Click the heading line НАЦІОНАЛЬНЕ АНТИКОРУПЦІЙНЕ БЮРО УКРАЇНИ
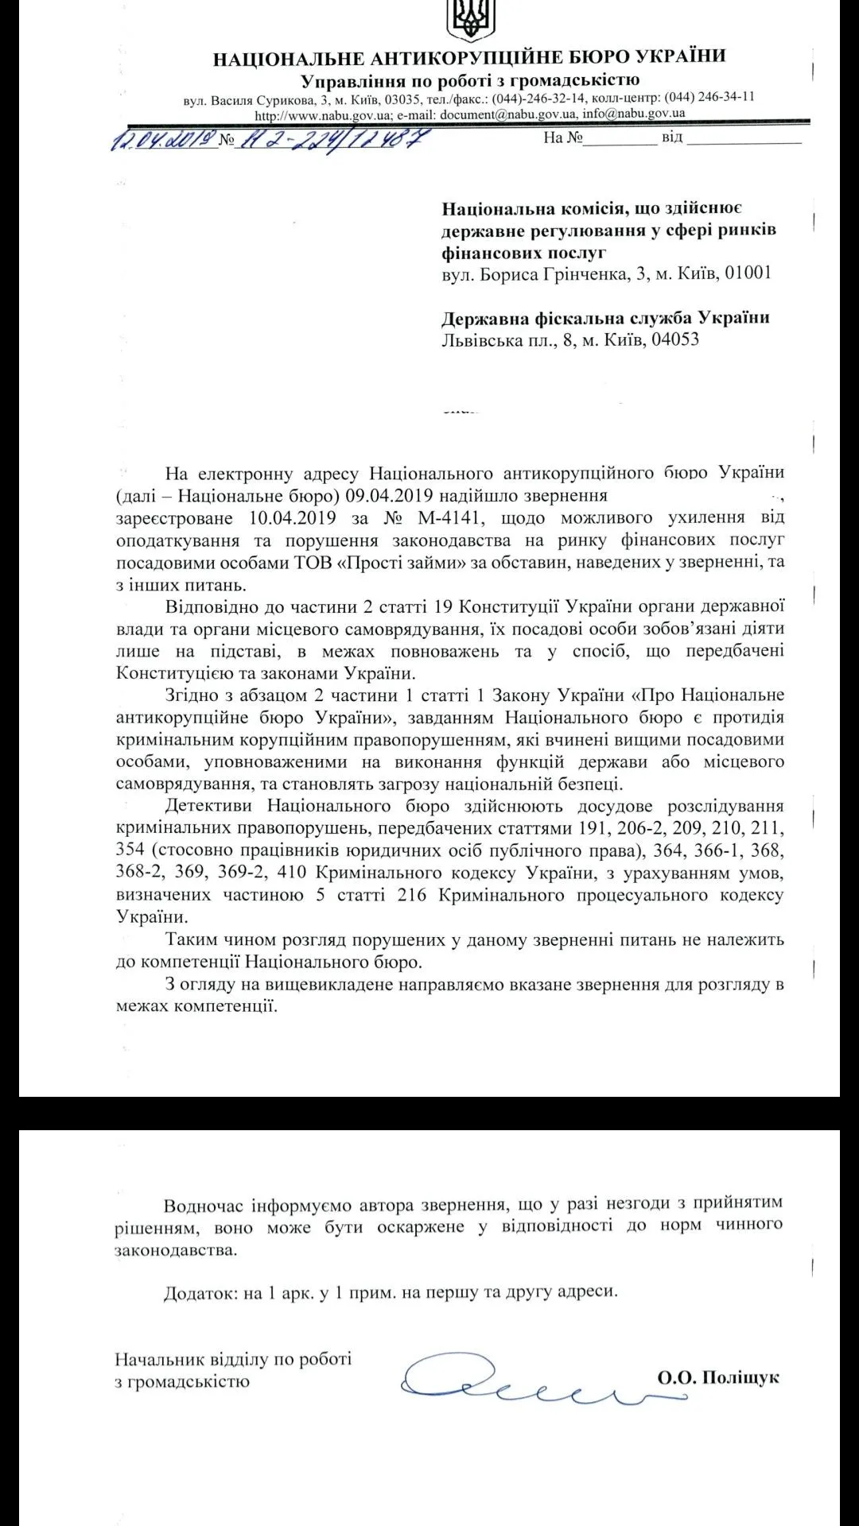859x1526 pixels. (x=469, y=57)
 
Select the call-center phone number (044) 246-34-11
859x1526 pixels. (x=709, y=97)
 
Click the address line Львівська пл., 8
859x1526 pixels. (x=501, y=340)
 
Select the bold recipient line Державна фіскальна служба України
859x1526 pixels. (x=605, y=318)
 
